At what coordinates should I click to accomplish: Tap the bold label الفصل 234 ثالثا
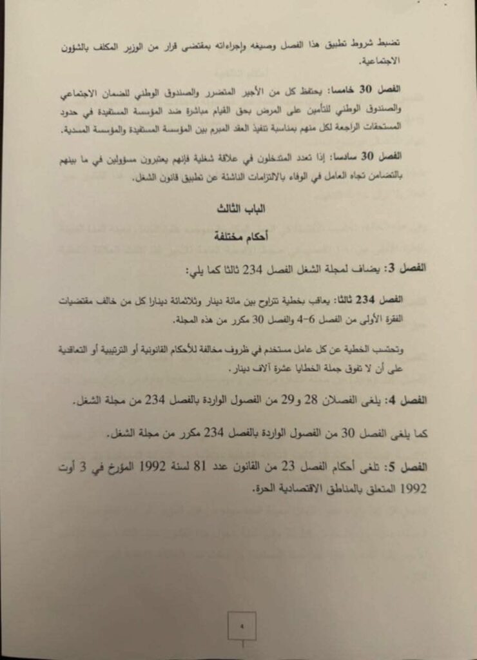[x=394, y=301]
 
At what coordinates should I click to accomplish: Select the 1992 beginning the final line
[x=410, y=489]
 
